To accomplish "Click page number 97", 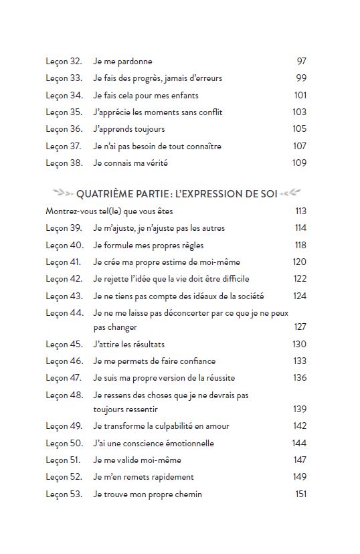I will tap(301, 62).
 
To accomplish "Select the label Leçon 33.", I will tap(64, 78).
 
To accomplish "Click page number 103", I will tap(300, 112).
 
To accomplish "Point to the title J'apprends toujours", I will tap(128, 129).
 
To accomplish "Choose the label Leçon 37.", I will tap(64, 146).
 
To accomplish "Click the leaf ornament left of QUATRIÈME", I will tap(63, 194).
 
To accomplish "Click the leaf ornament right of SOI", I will tap(290, 194).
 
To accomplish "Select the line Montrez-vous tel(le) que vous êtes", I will tap(109, 211).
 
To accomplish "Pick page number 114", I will tap(300, 228).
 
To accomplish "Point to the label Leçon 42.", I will tap(64, 279).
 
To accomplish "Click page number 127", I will tap(300, 327).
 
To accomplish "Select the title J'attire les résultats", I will tap(130, 345).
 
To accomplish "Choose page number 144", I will tap(299, 444).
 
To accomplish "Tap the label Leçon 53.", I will tap(64, 494).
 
